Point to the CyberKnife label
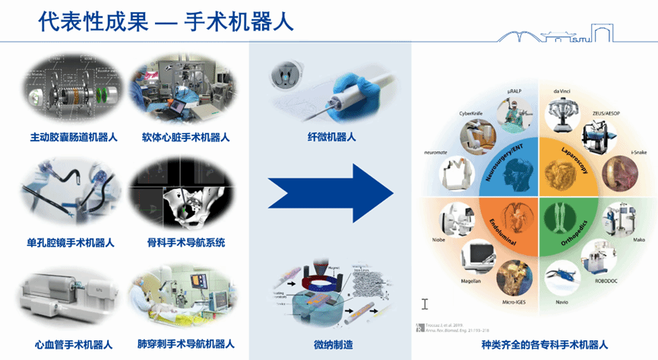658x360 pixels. coord(471,113)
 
